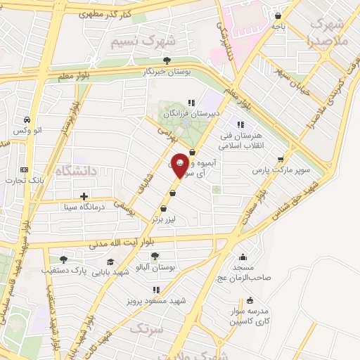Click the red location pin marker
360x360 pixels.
point(180,165)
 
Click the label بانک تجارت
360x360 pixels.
point(24,181)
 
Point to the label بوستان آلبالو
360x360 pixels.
point(155,267)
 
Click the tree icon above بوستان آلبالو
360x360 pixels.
point(155,256)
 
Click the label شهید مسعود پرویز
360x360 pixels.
point(156,301)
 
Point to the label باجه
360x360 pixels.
point(279,27)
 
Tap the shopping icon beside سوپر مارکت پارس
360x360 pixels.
point(282,159)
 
